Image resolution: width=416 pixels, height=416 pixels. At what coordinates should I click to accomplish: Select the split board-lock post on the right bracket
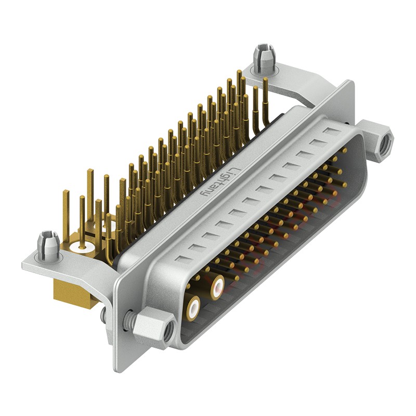pyautogui.click(x=263, y=57)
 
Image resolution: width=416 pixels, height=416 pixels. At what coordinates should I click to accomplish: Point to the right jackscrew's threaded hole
pyautogui.click(x=385, y=142)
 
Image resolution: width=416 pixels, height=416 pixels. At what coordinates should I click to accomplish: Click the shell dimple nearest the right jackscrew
pyautogui.click(x=329, y=130)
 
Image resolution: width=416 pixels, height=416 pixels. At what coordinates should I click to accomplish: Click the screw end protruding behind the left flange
pyautogui.click(x=103, y=314)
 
